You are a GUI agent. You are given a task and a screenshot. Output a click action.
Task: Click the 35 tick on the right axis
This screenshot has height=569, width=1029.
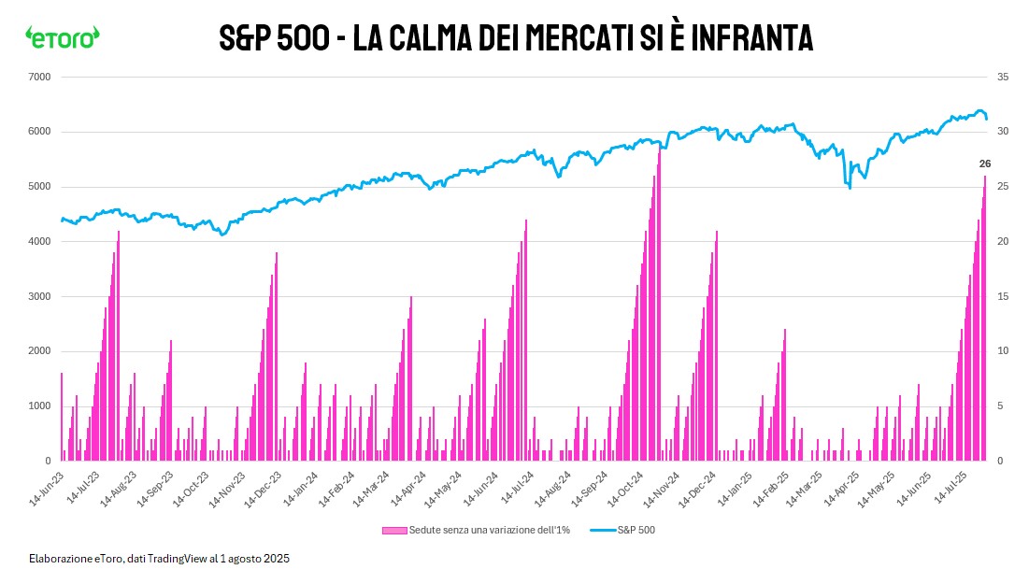pos(1004,77)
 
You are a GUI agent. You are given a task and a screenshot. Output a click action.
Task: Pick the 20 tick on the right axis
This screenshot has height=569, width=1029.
pos(1004,242)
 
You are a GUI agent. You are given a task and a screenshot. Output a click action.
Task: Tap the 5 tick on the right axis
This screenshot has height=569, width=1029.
pos(1001,406)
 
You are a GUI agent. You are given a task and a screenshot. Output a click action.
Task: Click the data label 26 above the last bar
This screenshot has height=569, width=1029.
pos(984,164)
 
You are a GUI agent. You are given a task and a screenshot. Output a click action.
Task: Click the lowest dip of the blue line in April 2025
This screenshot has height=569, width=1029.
pos(850,188)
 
